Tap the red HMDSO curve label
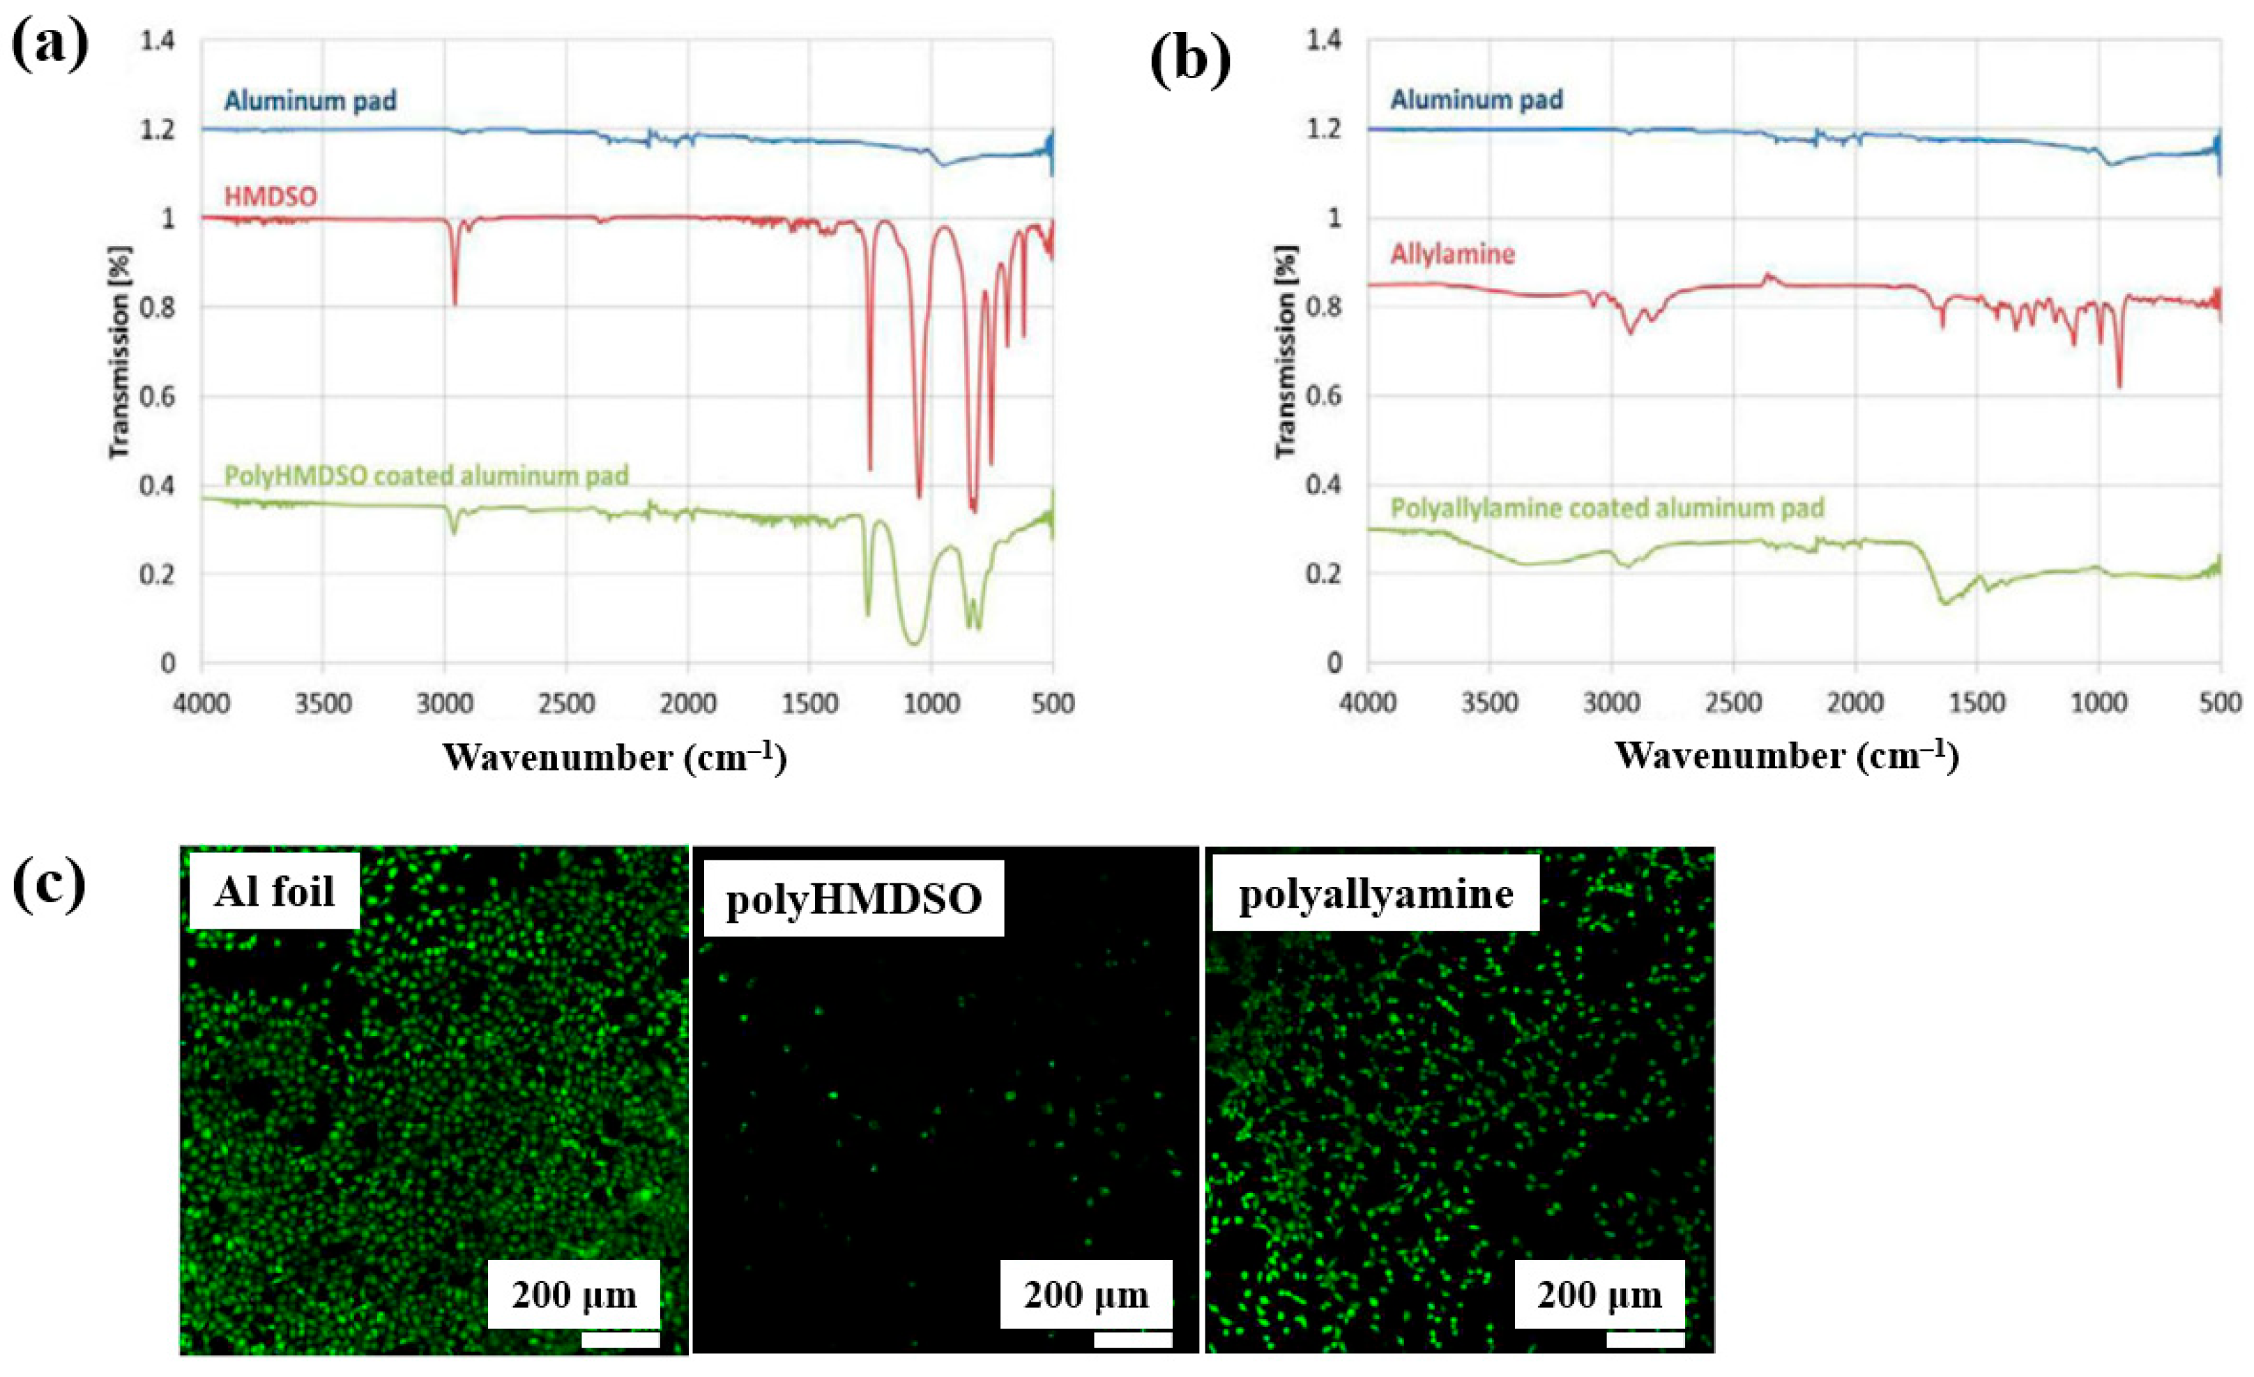click(x=271, y=197)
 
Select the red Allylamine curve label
click(x=1453, y=254)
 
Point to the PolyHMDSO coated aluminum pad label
click(x=426, y=476)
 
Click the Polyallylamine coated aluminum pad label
click(x=1607, y=508)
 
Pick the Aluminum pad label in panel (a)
click(x=310, y=100)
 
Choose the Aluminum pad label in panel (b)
click(x=1477, y=100)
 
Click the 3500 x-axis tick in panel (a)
click(x=323, y=703)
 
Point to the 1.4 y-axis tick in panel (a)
click(x=158, y=40)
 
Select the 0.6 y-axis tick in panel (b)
click(x=1324, y=395)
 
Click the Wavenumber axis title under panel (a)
click(x=615, y=759)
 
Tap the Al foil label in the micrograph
click(x=275, y=891)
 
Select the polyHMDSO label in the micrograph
click(x=853, y=899)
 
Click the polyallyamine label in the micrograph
click(x=1376, y=893)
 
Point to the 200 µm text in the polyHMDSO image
click(x=1086, y=1295)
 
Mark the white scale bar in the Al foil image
click(x=620, y=1339)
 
